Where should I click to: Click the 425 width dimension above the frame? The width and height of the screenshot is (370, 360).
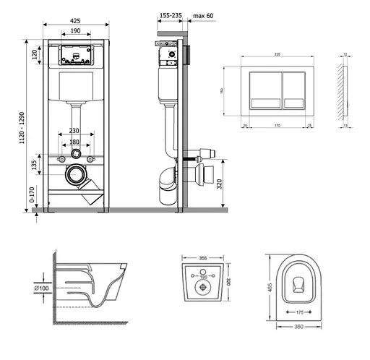click(76, 21)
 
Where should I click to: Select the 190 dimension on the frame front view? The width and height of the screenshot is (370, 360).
click(76, 31)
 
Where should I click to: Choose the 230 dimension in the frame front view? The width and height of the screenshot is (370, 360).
click(76, 130)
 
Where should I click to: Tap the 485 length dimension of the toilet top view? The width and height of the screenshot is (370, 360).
click(269, 288)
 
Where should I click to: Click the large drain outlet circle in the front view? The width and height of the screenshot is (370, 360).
click(76, 175)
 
